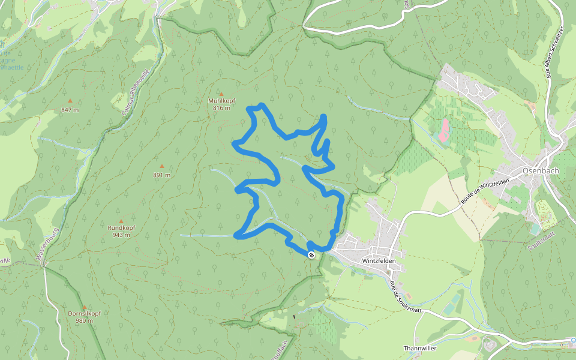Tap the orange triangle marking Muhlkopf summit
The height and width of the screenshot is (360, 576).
tap(221, 94)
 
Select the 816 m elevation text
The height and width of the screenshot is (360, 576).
tap(221, 108)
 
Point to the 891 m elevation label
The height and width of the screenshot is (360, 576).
tap(161, 175)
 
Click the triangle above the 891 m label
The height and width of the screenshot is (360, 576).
tap(161, 166)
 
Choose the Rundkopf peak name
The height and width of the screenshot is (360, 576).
tap(121, 228)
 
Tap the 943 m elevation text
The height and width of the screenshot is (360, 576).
tap(121, 235)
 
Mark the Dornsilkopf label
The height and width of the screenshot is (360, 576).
tap(84, 314)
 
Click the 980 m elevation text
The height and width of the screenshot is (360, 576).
tap(84, 321)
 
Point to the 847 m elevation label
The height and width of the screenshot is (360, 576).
tap(70, 110)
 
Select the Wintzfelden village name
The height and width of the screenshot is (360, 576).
tap(380, 262)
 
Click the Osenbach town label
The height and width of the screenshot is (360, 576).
tap(541, 170)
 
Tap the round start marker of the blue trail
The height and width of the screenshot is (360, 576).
tap(311, 255)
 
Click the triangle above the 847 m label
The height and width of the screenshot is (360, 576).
tap(70, 101)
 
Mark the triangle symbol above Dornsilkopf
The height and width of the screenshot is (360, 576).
tap(84, 307)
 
